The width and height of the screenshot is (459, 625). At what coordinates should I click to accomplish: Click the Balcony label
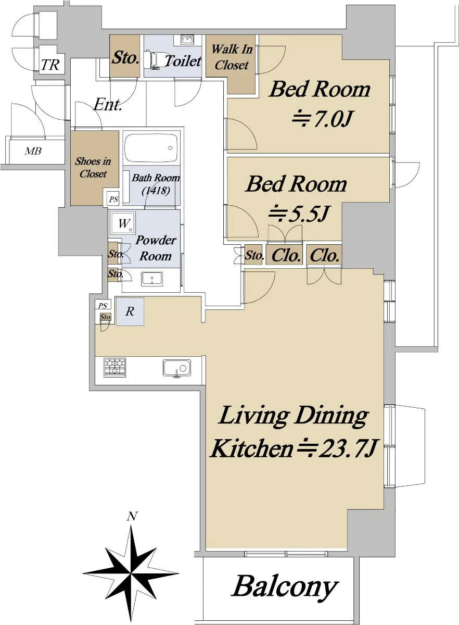285,587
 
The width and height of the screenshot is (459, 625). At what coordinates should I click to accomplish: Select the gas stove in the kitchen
114,367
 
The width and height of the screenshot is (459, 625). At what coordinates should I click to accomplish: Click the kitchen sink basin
177,368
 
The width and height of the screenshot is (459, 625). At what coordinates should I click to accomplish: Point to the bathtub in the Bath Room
151,148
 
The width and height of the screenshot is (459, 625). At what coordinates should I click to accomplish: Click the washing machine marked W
123,223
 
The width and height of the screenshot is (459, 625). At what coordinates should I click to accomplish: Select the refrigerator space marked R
130,311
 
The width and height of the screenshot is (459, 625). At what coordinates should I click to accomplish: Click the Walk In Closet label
232,57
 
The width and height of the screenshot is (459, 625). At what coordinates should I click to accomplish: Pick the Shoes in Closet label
93,167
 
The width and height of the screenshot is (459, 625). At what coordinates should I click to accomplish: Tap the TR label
50,65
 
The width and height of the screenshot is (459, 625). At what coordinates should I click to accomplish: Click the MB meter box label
33,151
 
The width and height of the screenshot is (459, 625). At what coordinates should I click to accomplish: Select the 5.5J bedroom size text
297,214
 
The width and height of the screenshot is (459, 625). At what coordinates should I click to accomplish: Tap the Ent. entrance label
108,105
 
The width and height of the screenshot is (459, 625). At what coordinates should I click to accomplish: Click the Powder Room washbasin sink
152,279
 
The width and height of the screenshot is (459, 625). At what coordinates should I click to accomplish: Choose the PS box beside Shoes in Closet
113,199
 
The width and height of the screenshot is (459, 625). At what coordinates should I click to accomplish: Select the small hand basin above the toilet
186,39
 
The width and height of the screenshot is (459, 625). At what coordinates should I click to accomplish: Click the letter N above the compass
132,517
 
